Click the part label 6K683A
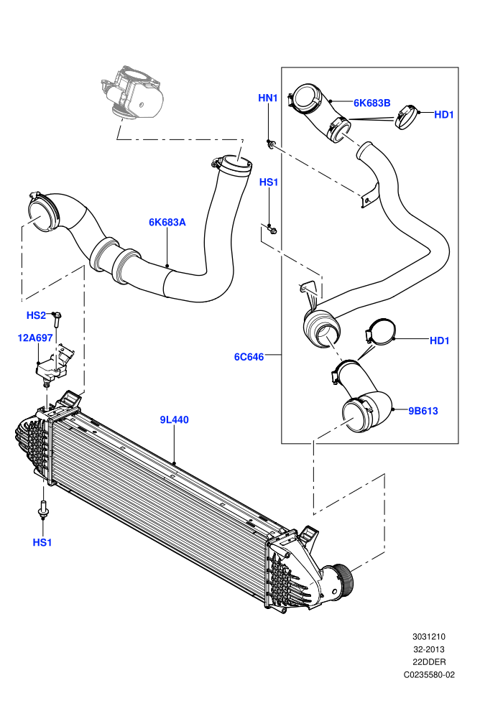click(167, 222)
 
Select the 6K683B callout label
click(372, 103)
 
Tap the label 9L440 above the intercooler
click(174, 420)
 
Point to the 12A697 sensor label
click(35, 338)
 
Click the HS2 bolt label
click(36, 315)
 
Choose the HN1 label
click(267, 98)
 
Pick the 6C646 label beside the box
click(249, 357)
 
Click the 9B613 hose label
click(423, 411)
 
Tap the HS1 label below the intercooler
click(42, 542)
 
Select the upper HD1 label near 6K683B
click(444, 115)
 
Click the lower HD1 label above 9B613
click(440, 340)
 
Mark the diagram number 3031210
click(428, 636)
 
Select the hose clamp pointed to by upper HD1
click(407, 116)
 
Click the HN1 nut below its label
click(271, 144)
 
